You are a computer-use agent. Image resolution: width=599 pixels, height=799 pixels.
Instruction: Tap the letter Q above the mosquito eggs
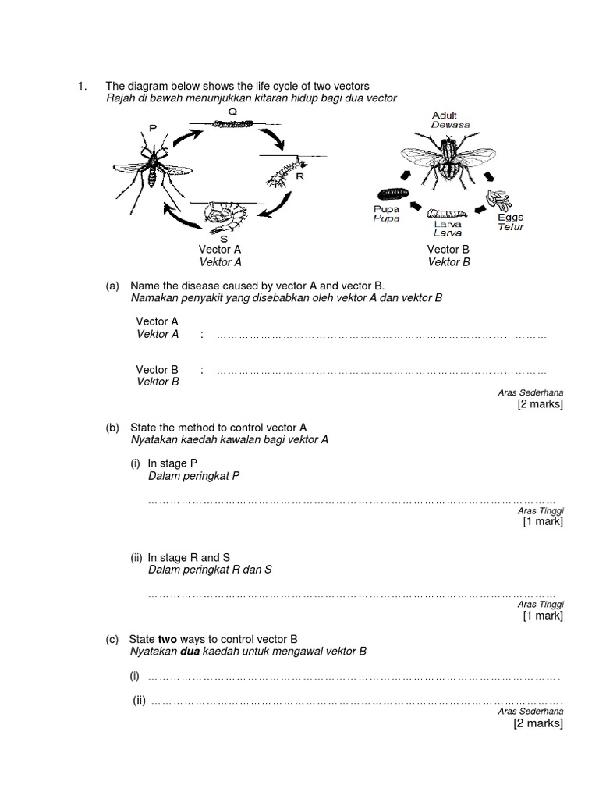(232, 112)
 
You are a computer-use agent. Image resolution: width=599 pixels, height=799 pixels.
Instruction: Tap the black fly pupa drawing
(393, 193)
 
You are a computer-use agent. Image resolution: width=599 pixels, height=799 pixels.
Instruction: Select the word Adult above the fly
(444, 115)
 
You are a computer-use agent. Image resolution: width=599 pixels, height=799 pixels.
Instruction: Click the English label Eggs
(511, 218)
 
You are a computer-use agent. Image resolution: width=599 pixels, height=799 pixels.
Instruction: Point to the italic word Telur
(511, 227)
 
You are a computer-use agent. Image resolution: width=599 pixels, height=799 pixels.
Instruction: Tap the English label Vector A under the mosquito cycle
(222, 250)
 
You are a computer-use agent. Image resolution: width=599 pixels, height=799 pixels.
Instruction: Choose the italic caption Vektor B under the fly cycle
(448, 262)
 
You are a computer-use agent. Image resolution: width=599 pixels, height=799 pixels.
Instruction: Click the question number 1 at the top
(81, 86)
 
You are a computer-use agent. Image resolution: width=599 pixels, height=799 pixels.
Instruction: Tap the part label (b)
(112, 428)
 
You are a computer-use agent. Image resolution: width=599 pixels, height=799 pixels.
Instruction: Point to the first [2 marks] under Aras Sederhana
(540, 404)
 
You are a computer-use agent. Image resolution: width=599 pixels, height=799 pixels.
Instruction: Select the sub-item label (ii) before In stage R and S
(137, 557)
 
